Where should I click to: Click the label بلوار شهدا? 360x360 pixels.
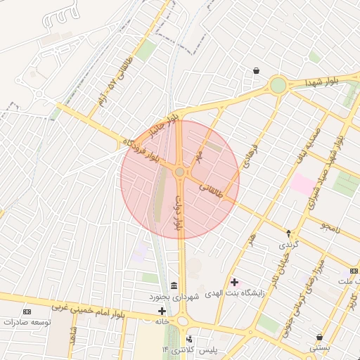coord(322,82)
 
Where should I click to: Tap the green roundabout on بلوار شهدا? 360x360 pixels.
coord(278,86)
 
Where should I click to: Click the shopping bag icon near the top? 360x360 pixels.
coord(255,71)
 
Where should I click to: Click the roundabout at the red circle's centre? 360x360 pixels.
coord(180,172)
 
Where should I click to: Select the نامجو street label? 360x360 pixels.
coord(330,226)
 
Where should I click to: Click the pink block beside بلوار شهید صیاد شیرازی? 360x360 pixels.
coord(304,184)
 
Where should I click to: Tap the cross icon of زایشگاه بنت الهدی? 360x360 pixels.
coord(234,282)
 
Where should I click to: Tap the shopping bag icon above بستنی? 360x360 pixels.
coord(320,337)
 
